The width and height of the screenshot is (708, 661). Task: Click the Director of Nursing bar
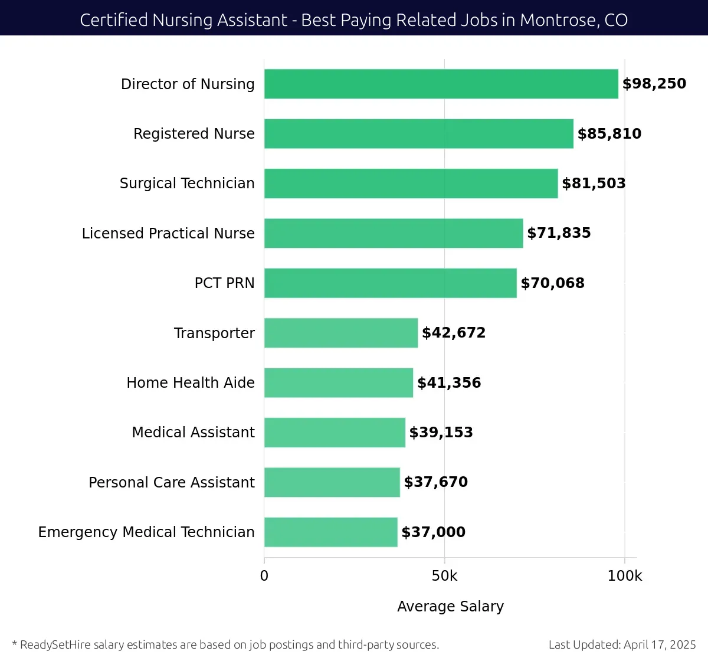click(x=441, y=84)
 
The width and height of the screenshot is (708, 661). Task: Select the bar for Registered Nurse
click(x=418, y=134)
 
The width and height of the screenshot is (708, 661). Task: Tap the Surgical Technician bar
click(x=411, y=184)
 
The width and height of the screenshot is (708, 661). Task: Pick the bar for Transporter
click(x=340, y=333)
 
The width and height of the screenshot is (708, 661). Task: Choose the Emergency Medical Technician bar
click(x=330, y=532)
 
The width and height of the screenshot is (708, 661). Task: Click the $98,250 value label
click(x=654, y=84)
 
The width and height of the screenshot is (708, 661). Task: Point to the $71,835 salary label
click(x=559, y=233)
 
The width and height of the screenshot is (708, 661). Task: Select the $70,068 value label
click(x=552, y=283)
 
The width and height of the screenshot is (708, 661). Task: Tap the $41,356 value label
click(x=449, y=383)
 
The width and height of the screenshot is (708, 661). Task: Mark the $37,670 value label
click(x=435, y=482)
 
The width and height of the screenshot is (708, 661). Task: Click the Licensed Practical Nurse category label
click(x=168, y=234)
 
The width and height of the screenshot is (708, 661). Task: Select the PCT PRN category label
click(x=224, y=283)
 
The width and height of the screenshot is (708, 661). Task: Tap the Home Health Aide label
click(x=191, y=383)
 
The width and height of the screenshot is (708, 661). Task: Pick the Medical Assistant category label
click(x=193, y=433)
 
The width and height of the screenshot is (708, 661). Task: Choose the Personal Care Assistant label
click(x=171, y=483)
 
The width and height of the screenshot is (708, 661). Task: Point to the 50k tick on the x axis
click(x=444, y=576)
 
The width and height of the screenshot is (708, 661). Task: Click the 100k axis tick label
click(x=625, y=576)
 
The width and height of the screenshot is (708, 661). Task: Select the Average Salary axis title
click(x=450, y=607)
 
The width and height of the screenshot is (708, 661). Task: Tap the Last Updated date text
click(x=622, y=644)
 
